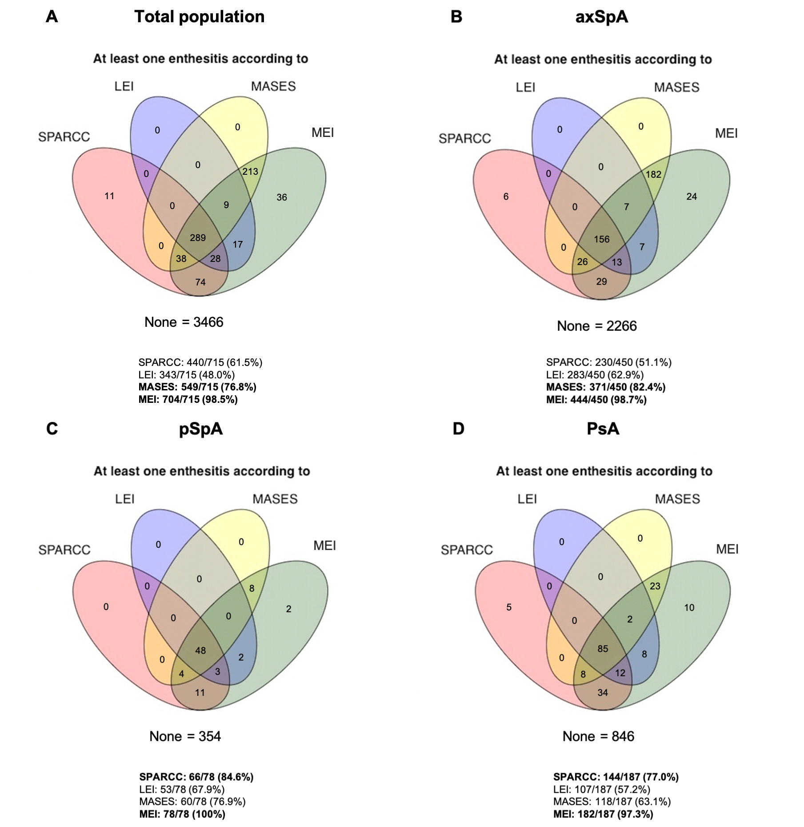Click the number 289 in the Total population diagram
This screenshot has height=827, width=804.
pyautogui.click(x=198, y=237)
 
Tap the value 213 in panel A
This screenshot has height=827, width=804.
pyautogui.click(x=250, y=172)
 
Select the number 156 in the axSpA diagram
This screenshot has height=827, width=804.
pyautogui.click(x=602, y=239)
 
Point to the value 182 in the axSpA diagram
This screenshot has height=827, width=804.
pyautogui.click(x=653, y=174)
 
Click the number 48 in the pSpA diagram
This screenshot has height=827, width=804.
pyautogui.click(x=200, y=650)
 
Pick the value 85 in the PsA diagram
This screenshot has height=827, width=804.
pyautogui.click(x=603, y=649)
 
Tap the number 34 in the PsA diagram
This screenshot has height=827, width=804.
pyautogui.click(x=603, y=692)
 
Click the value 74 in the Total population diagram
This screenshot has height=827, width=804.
pyautogui.click(x=200, y=282)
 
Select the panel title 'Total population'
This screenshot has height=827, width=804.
pyautogui.click(x=200, y=17)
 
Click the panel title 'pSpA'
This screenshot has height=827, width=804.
pyautogui.click(x=201, y=429)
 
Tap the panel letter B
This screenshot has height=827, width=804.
pyautogui.click(x=456, y=17)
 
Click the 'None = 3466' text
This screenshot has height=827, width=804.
pyautogui.click(x=184, y=322)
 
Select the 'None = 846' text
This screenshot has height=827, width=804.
pyautogui.click(x=598, y=736)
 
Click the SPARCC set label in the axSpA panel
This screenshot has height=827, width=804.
pyautogui.click(x=465, y=139)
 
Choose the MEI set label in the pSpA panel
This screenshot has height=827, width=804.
pyautogui.click(x=324, y=546)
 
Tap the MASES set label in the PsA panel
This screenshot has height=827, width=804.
pyautogui.click(x=677, y=499)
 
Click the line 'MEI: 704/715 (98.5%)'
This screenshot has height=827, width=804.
pyautogui.click(x=188, y=399)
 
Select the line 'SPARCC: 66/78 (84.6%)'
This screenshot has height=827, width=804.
pyautogui.click(x=196, y=777)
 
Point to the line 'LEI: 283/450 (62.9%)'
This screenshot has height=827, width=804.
pyautogui.click(x=595, y=374)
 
